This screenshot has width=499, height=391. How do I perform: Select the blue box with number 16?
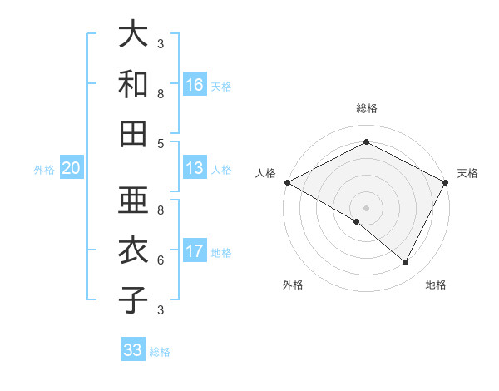click(x=195, y=85)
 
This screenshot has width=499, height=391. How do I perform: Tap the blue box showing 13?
click(x=195, y=168)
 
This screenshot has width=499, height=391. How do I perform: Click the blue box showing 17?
click(x=195, y=251)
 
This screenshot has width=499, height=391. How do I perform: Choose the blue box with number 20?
click(x=71, y=168)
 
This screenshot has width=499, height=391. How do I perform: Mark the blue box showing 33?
click(x=132, y=350)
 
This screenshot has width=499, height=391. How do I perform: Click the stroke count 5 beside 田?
click(x=161, y=143)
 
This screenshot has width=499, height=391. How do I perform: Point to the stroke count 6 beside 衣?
click(x=161, y=260)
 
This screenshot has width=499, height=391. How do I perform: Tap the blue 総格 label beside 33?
click(x=160, y=352)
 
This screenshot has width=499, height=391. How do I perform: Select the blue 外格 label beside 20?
click(x=44, y=170)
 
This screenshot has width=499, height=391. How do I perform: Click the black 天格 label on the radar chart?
click(x=467, y=173)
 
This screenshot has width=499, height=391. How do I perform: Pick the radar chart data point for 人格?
click(x=287, y=182)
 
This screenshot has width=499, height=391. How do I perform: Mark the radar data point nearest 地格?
click(x=406, y=263)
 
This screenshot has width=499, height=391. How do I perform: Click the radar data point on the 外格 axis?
click(x=357, y=221)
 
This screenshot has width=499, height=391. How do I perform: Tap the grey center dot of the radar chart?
click(x=366, y=207)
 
